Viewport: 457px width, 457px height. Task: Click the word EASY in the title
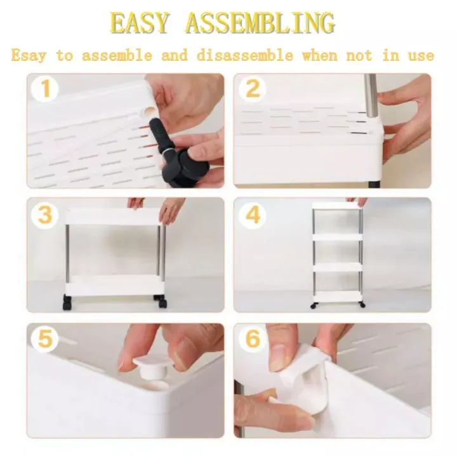[x=140, y=23]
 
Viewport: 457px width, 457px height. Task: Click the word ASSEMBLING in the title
[x=260, y=23]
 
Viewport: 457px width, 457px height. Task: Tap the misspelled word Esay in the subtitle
[x=29, y=56]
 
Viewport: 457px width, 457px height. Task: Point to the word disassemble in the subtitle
[x=245, y=55]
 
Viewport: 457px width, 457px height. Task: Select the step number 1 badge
[x=44, y=88]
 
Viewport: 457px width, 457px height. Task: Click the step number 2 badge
[x=253, y=88]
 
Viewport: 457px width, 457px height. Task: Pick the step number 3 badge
[x=44, y=215]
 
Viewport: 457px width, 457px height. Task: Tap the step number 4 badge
[x=253, y=215]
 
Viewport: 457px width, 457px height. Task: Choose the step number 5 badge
[x=44, y=339]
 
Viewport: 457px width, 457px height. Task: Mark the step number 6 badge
[x=253, y=339]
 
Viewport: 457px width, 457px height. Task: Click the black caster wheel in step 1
[x=187, y=168]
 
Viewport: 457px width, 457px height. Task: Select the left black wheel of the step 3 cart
[x=67, y=303]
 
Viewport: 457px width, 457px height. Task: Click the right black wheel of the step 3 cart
[x=160, y=301]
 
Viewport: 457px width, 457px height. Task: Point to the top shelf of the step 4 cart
[x=337, y=206]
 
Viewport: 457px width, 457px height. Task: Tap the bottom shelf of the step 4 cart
[x=337, y=296]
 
